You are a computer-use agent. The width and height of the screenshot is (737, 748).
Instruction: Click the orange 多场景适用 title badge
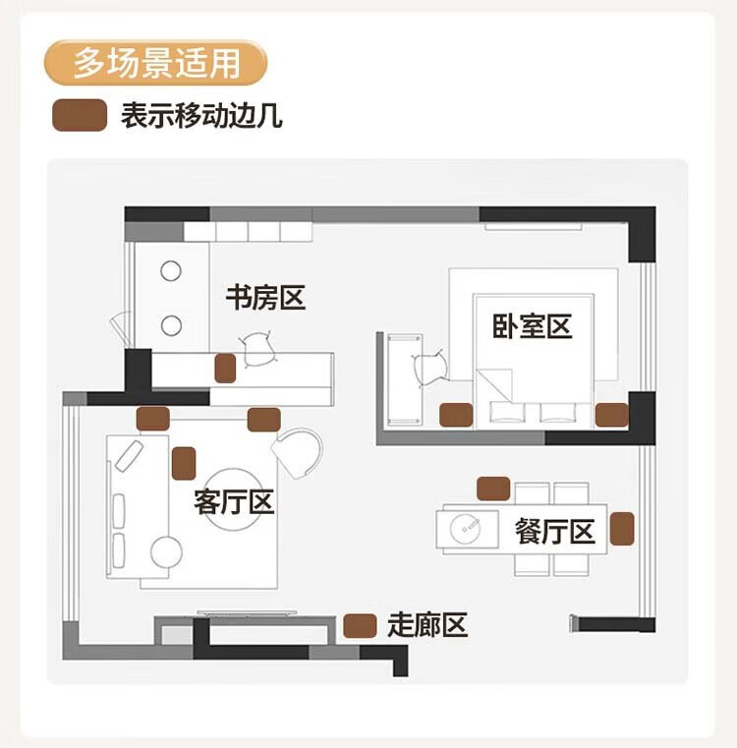click(156, 62)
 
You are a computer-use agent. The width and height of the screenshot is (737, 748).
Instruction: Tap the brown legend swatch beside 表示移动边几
click(80, 116)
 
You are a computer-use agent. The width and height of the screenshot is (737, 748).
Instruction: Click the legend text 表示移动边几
click(201, 117)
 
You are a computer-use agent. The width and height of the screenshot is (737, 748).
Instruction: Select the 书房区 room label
click(266, 297)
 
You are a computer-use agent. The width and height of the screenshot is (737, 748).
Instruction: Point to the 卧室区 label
click(533, 326)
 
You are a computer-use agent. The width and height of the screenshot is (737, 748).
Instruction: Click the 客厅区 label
click(234, 503)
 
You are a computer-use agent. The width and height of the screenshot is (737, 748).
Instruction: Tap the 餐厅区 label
click(555, 532)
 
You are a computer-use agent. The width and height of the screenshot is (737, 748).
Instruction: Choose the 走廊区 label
click(426, 624)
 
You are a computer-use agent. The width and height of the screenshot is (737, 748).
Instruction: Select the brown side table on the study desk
click(226, 368)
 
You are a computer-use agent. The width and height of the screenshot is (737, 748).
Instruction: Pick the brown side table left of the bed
click(455, 415)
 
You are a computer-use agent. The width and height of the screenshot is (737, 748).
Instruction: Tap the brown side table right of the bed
click(611, 415)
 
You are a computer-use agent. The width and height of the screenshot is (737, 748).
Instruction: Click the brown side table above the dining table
click(492, 488)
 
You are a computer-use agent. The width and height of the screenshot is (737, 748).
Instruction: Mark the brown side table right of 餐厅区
click(621, 528)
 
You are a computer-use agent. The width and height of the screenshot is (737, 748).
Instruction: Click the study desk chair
click(257, 346)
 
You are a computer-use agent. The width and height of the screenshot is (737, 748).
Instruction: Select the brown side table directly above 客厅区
click(184, 462)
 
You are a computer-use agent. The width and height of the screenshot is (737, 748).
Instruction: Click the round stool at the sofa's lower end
click(166, 552)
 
